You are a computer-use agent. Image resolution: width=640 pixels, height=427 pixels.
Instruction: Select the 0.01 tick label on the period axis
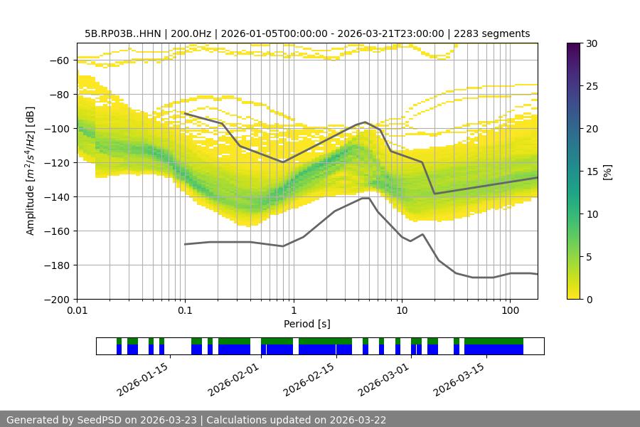77,310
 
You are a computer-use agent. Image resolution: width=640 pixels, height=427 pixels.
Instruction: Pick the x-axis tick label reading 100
510,310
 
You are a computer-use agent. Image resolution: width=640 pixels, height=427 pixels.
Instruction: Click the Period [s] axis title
307,324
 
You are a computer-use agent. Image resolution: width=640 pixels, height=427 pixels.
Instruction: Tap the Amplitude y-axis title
31,171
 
